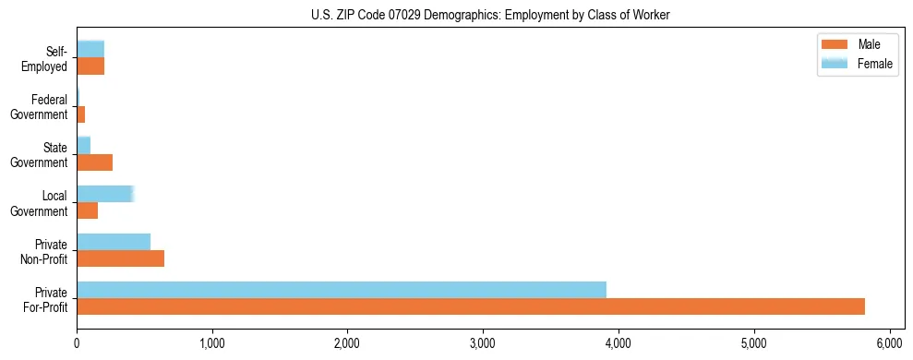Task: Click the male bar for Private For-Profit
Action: (x=471, y=306)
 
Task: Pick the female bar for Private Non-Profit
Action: (x=114, y=242)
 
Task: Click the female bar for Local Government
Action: (x=105, y=194)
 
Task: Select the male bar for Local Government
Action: (x=88, y=210)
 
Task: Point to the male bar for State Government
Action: (x=95, y=162)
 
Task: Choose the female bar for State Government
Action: (x=84, y=146)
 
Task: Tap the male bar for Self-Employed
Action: (x=90, y=66)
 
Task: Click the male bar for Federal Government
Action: (x=81, y=114)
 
